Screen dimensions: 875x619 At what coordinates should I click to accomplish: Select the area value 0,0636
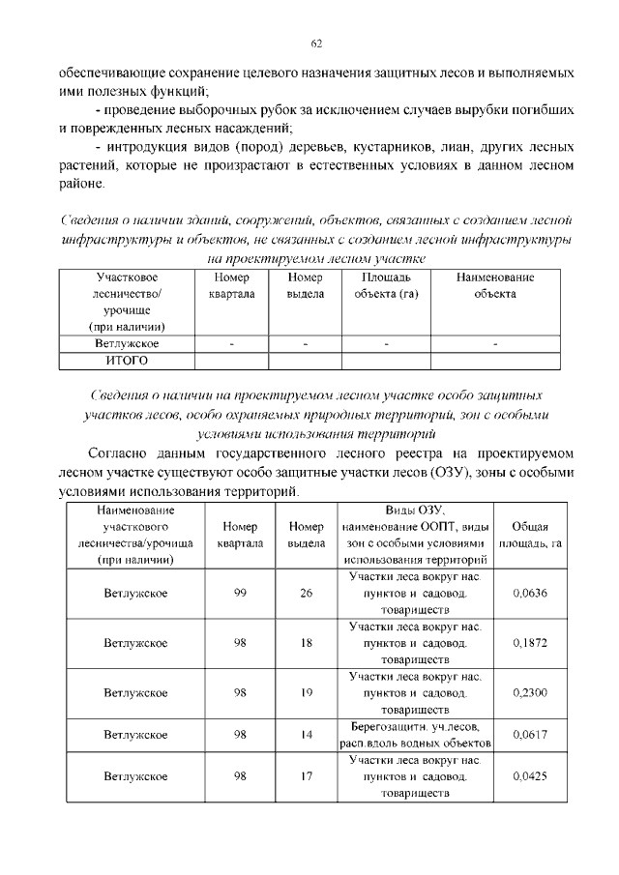coord(531,594)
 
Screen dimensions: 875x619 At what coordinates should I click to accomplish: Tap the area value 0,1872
coord(531,643)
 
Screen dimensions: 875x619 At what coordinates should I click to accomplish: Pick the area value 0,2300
coord(531,692)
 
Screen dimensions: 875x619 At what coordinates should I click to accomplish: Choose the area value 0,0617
coord(531,735)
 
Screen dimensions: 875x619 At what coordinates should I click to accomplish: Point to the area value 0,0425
coord(531,775)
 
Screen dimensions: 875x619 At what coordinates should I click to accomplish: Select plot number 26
coord(306,594)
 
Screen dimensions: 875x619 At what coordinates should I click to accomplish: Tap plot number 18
coord(306,643)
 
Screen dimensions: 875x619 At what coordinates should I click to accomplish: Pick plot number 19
coord(306,692)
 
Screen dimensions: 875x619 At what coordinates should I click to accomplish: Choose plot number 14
coord(306,735)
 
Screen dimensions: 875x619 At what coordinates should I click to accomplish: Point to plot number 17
coord(306,775)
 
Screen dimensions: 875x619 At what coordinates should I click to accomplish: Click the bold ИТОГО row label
coord(127,361)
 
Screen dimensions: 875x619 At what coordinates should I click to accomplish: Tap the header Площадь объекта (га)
coord(385,285)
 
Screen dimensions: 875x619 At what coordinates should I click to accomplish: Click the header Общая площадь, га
coord(531,535)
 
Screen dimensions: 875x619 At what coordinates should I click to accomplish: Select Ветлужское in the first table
coord(127,343)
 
